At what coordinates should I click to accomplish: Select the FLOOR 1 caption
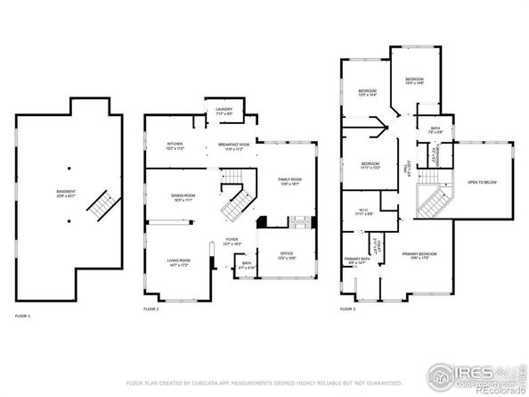pos(22,317)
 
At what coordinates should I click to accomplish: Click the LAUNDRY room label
pos(224,112)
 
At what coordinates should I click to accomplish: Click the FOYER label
pos(232,241)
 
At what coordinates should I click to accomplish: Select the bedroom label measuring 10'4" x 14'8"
pos(414,81)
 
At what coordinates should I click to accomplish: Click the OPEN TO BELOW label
pos(481,183)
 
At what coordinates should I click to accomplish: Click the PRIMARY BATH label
pos(357,261)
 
